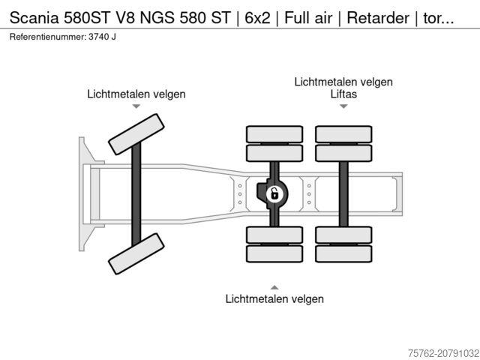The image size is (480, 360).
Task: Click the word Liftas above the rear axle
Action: coord(343,94)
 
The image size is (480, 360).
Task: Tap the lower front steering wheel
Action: coord(136,253)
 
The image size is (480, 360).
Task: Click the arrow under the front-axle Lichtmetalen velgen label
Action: coord(136,107)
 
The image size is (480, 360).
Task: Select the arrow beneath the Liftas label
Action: coord(343,106)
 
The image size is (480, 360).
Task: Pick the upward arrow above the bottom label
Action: coord(274,286)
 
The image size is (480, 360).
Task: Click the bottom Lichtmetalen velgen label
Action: coord(274,299)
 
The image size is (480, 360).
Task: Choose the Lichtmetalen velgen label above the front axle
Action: coord(136,94)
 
